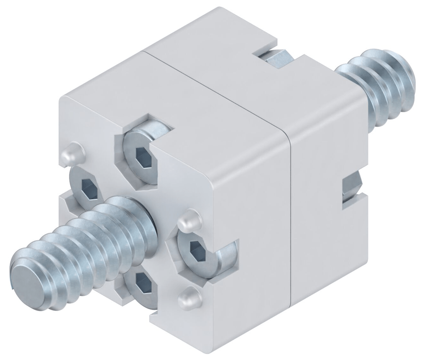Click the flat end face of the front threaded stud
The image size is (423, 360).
click(27, 276)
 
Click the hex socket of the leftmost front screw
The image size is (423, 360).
click(87, 188)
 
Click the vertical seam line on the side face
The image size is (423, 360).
click(289, 217)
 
